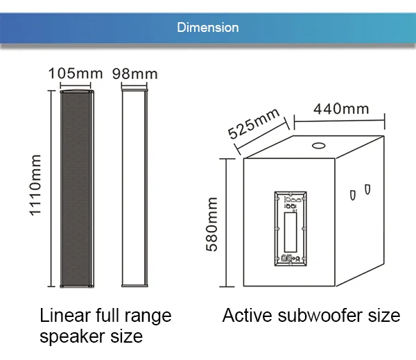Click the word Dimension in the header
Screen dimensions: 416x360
(207, 28)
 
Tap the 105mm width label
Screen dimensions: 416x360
(76, 73)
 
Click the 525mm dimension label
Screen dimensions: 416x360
(254, 123)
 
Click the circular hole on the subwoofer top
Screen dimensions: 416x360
(320, 146)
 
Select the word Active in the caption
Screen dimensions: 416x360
(243, 316)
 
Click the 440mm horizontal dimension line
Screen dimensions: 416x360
(340, 123)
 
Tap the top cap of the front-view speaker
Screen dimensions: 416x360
(76, 91)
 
